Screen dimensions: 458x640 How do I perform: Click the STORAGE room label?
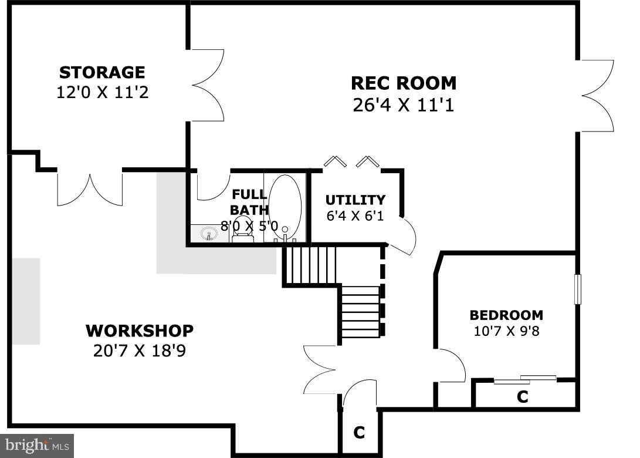click(102, 72)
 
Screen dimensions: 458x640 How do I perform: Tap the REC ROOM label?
click(404, 83)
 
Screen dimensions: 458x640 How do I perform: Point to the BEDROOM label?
click(506, 315)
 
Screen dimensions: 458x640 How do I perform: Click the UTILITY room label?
click(355, 200)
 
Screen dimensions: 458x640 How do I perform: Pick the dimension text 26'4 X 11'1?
click(404, 105)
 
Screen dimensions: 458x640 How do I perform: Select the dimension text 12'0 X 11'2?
click(102, 92)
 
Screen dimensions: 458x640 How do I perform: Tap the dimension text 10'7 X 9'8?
click(506, 331)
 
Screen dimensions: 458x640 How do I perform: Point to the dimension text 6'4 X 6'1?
click(355, 215)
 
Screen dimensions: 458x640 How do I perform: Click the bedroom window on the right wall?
click(577, 289)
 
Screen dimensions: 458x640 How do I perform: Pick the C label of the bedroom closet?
click(522, 397)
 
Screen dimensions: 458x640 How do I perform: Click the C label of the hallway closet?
click(359, 433)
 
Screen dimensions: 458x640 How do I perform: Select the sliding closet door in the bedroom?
click(524, 380)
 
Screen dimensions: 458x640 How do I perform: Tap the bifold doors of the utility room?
click(351, 162)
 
